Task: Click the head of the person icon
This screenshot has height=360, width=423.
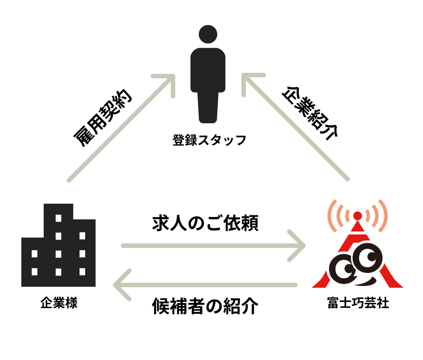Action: [208, 34]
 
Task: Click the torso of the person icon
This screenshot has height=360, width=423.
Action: [208, 69]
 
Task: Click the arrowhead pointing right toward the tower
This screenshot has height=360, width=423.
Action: [299, 245]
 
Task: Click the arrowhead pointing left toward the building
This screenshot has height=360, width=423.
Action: [120, 285]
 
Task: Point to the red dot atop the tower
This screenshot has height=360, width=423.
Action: [357, 216]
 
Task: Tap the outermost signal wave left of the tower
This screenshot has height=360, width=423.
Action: [331, 216]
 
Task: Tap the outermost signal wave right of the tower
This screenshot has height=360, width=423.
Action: [384, 216]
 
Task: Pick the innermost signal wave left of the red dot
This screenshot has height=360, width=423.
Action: [348, 216]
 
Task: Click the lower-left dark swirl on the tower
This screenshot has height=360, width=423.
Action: [343, 268]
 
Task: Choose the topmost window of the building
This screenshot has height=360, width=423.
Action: [58, 218]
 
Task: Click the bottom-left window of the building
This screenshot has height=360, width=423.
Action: [34, 272]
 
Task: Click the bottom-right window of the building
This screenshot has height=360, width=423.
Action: [82, 272]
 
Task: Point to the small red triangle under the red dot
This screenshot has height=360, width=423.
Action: [357, 227]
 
